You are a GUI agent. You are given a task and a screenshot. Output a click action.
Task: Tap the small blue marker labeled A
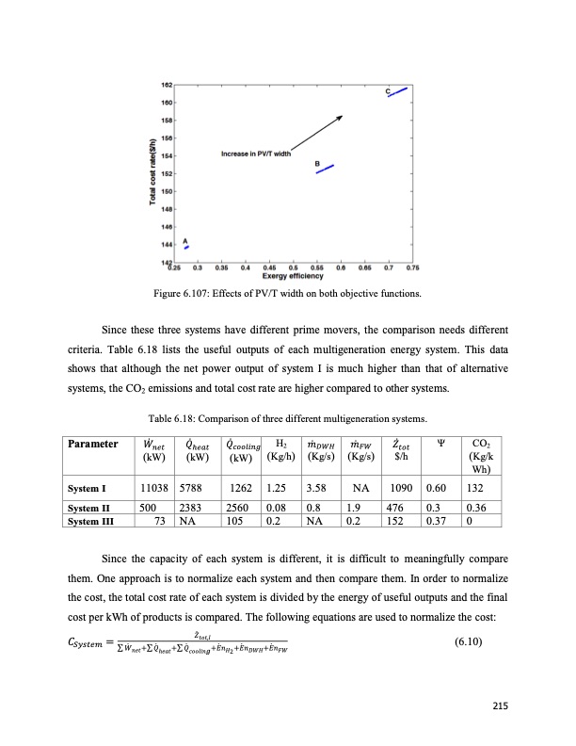(x=186, y=247)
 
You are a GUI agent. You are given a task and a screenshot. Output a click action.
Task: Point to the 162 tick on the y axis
(x=166, y=86)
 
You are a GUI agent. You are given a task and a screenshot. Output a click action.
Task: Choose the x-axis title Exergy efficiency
(x=288, y=274)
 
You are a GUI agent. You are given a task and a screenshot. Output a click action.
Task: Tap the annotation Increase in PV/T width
(x=256, y=153)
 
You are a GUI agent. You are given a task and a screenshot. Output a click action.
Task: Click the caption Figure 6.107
(x=288, y=295)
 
